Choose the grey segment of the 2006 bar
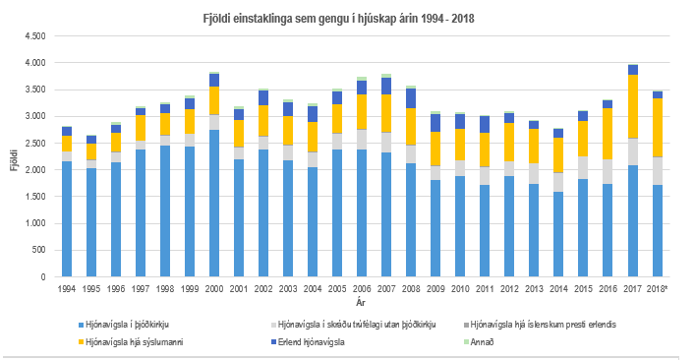(x=361, y=139)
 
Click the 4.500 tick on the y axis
(x=34, y=36)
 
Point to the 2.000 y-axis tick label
(x=34, y=170)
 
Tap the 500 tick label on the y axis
(x=39, y=251)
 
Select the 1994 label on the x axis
(x=67, y=289)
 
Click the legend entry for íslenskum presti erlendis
(x=548, y=324)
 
